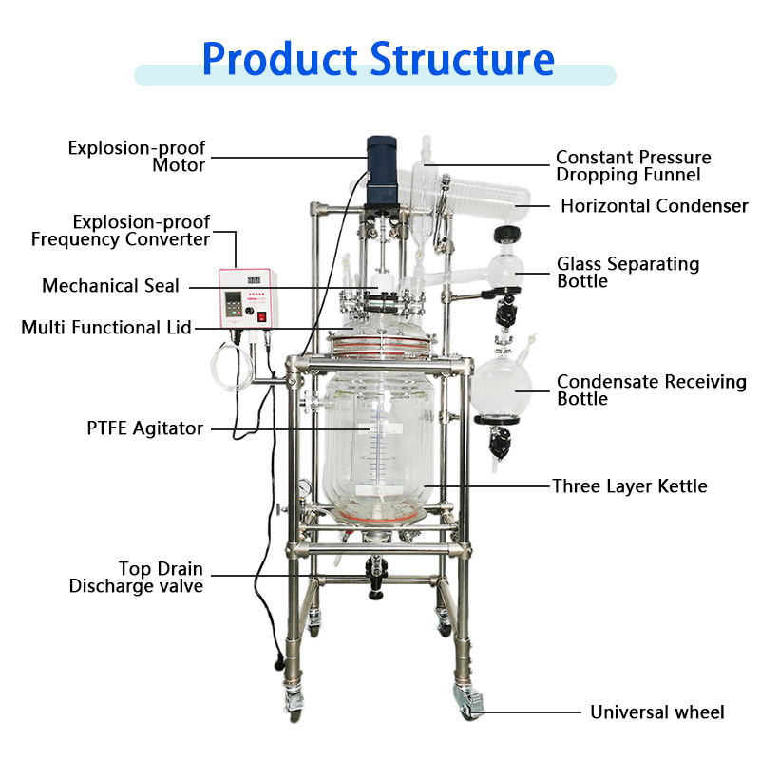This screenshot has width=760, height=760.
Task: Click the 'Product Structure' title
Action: [378, 58]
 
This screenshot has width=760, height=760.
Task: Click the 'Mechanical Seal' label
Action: [110, 286]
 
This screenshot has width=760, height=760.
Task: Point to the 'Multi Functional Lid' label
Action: [106, 328]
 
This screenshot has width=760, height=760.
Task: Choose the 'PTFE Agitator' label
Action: [144, 428]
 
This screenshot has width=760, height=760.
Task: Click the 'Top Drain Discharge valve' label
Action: [136, 578]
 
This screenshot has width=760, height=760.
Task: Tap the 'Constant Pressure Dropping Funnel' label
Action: [633, 166]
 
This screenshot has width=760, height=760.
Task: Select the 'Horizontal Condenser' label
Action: [654, 206]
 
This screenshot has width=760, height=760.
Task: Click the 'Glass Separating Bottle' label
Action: [628, 273]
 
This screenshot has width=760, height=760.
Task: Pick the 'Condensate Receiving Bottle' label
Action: [652, 390]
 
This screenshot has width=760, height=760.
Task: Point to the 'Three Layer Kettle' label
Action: [630, 486]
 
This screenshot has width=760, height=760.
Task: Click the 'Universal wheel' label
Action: [657, 712]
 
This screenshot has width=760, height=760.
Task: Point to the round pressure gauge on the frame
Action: [303, 486]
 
